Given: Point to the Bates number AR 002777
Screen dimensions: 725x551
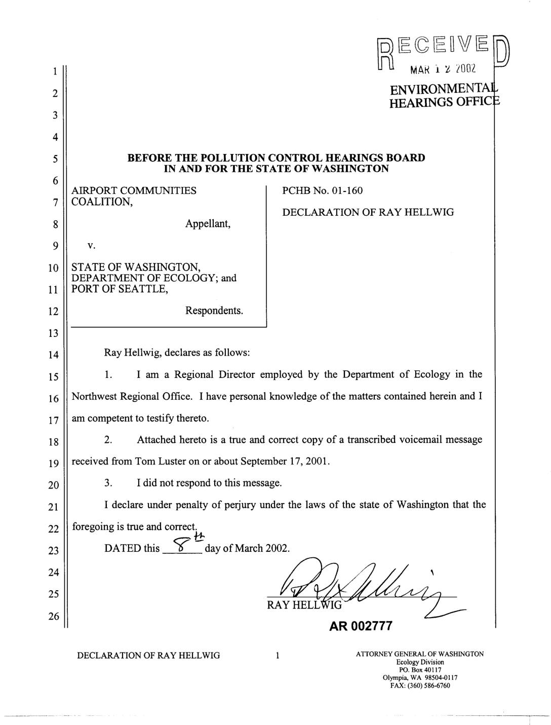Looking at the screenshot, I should click(361, 626).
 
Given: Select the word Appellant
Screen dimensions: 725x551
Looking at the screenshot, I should click(208, 223).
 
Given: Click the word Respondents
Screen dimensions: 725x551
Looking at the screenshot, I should click(214, 310).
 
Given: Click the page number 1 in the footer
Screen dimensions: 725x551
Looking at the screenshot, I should click(277, 656).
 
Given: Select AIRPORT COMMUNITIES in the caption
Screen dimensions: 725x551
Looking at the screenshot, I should click(134, 190).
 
